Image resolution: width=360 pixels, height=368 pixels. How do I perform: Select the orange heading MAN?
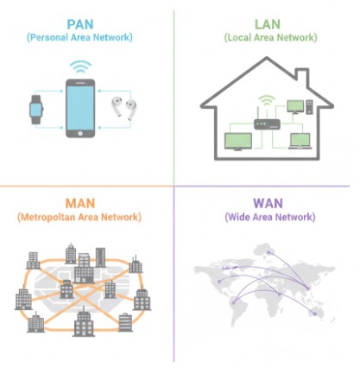79,203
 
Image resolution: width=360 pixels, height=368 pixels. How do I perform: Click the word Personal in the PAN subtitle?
54,38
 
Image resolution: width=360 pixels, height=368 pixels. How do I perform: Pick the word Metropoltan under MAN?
53,218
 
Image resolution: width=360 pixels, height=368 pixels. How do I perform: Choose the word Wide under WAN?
238,218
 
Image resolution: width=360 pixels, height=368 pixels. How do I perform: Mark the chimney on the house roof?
325,92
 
